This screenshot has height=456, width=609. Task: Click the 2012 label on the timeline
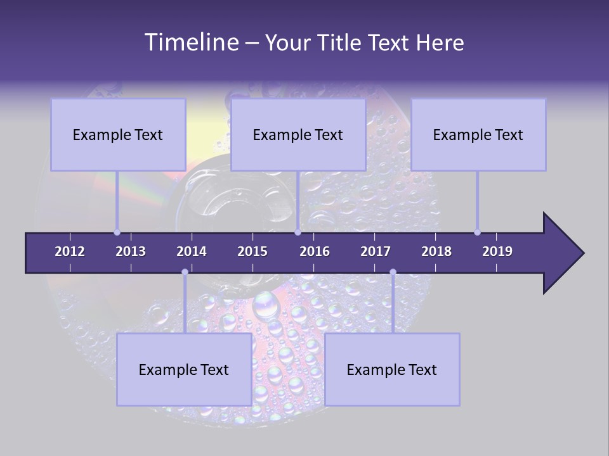(x=70, y=251)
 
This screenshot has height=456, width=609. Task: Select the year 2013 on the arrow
(x=131, y=251)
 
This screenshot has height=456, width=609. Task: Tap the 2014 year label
(x=192, y=251)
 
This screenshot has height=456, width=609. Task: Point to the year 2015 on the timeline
(x=252, y=251)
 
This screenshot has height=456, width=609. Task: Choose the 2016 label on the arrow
(x=315, y=251)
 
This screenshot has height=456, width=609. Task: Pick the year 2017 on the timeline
(x=376, y=251)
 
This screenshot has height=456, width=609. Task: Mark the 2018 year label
(x=436, y=251)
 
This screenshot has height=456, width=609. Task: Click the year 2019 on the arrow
(x=497, y=251)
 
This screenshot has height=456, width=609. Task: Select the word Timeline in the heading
(x=190, y=42)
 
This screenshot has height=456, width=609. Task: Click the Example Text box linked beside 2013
(x=118, y=134)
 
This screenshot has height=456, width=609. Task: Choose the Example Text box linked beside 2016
(x=298, y=134)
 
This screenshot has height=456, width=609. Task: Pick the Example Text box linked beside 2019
(x=478, y=134)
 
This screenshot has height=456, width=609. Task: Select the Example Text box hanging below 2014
(x=184, y=369)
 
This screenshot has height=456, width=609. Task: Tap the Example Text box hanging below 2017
(x=392, y=369)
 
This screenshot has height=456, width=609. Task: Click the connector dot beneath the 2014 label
(x=185, y=272)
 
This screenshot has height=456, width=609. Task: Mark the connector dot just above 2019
(x=477, y=232)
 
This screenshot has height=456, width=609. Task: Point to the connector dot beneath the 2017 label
(x=393, y=272)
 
